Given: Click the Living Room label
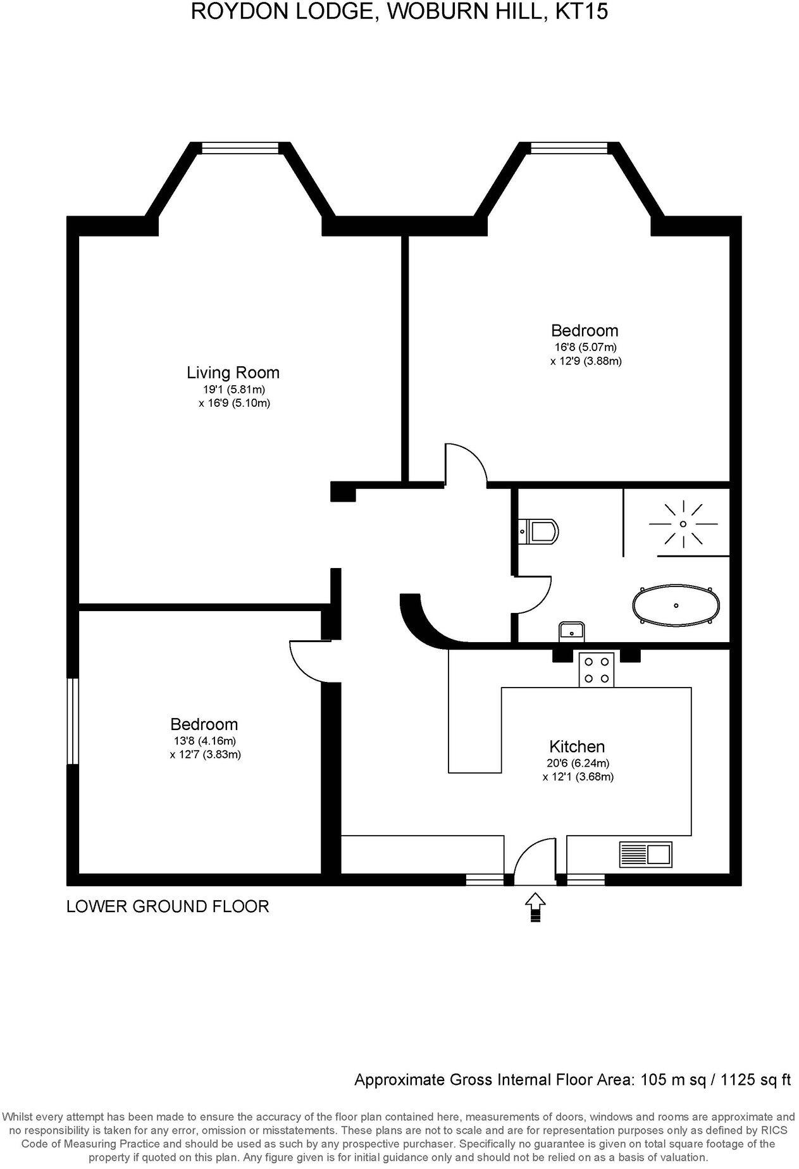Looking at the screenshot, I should [233, 373].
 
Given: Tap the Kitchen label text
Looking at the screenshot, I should [576, 746].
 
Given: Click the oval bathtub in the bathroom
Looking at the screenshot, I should [676, 606].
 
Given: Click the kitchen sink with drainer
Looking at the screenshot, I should [645, 854].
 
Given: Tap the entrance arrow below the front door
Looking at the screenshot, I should [535, 908].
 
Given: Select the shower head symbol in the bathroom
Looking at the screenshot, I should [683, 524].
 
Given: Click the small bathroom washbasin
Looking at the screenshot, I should [571, 631].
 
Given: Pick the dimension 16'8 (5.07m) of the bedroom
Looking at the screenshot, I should [583, 347].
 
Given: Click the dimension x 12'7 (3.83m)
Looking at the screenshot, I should [205, 755].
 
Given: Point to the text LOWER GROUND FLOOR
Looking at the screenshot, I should [168, 906].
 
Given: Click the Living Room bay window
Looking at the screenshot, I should [240, 147].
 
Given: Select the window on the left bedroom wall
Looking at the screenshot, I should [73, 721].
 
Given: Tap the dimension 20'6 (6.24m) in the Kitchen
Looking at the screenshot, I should [578, 763].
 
